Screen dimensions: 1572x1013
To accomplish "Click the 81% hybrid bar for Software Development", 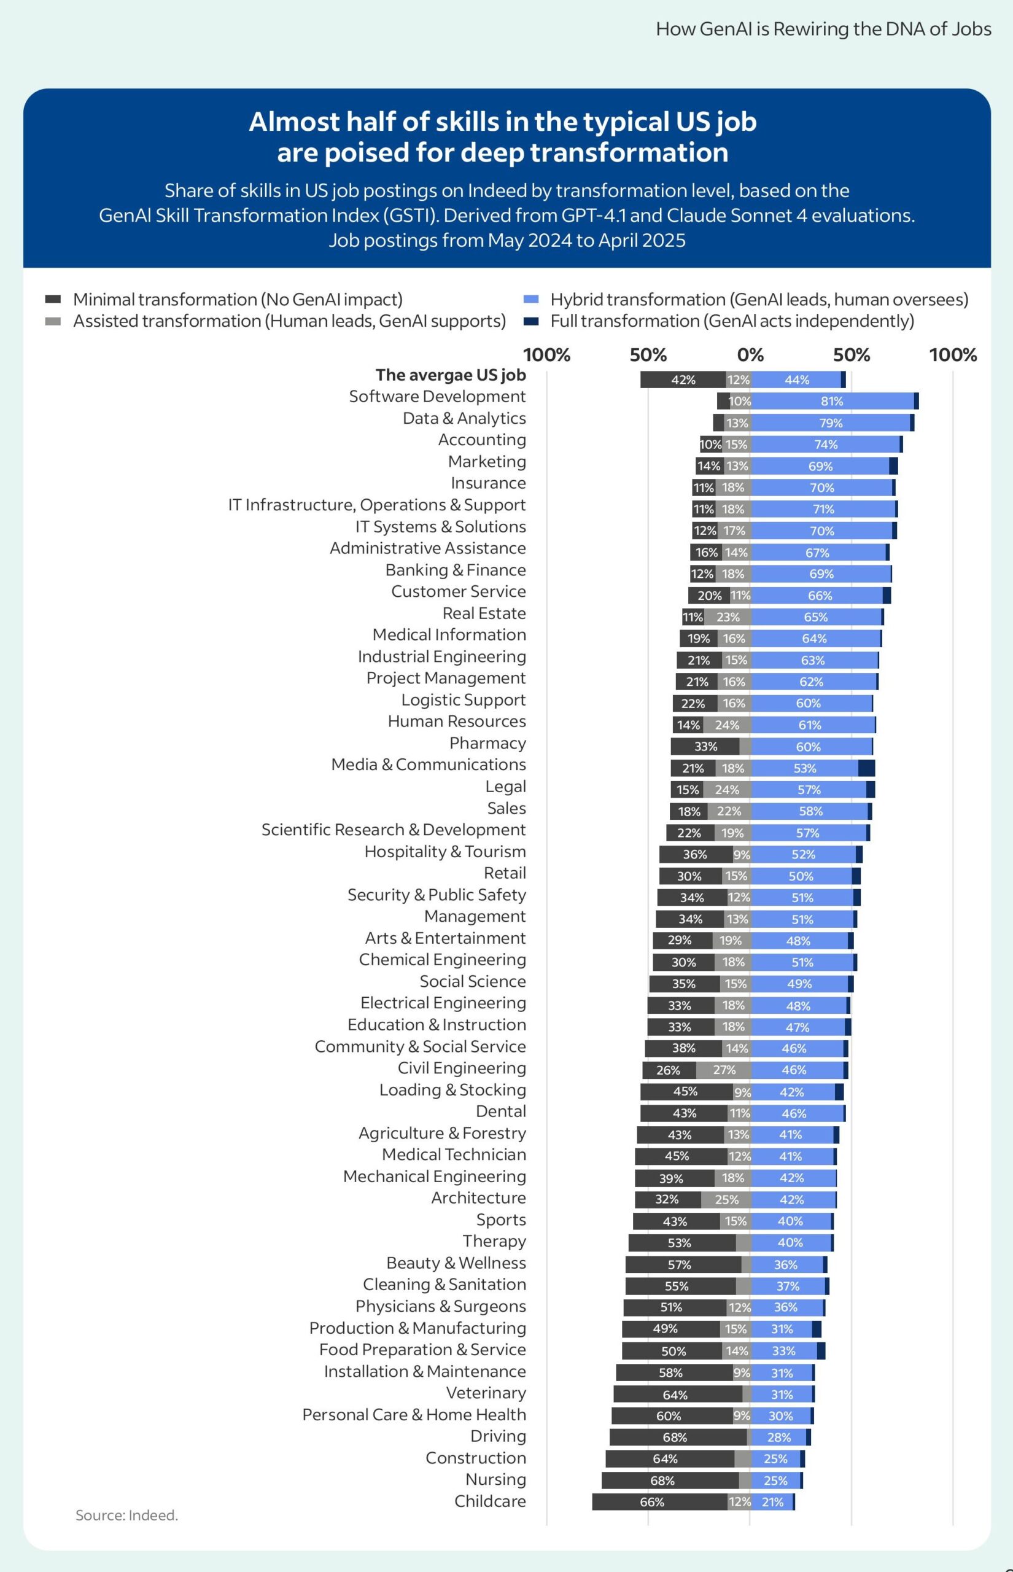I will tap(831, 401).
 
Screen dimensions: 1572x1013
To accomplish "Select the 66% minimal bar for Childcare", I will tap(660, 1501).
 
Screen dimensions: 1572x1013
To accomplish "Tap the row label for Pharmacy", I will tap(487, 743).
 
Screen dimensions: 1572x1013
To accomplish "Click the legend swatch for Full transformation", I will tap(531, 322).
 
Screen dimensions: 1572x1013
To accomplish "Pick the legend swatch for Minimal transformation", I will tap(53, 300).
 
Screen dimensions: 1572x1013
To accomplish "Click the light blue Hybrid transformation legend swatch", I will tap(531, 300).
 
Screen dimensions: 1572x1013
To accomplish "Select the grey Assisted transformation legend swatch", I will tap(53, 322).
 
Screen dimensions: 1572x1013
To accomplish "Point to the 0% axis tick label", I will tap(750, 355).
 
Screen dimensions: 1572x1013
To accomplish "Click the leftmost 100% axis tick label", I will tap(546, 355).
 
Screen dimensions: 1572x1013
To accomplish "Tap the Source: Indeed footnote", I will tap(127, 1516).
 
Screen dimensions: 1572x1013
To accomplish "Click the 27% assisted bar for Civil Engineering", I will tap(724, 1070).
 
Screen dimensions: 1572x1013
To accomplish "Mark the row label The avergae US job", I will tap(451, 375).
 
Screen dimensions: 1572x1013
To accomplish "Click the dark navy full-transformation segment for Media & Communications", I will tap(866, 768).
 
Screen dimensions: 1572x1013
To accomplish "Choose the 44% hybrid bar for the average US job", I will tap(796, 379).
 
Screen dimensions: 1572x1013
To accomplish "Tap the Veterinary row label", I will tap(486, 1393).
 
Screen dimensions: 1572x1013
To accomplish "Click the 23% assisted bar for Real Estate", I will tap(727, 617).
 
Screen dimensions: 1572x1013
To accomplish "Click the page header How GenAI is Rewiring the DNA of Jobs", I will tap(823, 29).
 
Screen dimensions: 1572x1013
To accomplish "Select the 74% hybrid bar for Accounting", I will tap(825, 445).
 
